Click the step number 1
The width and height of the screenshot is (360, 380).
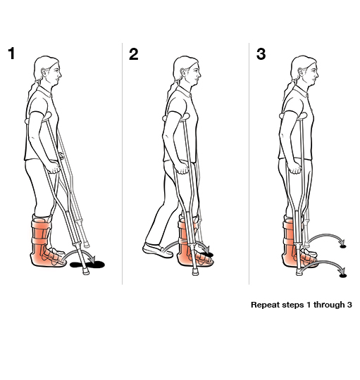[x=12, y=53]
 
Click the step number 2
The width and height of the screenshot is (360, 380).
[x=134, y=54]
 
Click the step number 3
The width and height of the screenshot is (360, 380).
[x=261, y=54]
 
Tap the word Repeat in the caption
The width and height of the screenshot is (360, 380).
[x=264, y=305]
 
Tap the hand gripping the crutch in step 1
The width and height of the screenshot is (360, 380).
[x=55, y=167]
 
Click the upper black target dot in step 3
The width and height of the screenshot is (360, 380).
[x=343, y=246]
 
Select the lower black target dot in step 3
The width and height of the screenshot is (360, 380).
[x=343, y=275]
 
